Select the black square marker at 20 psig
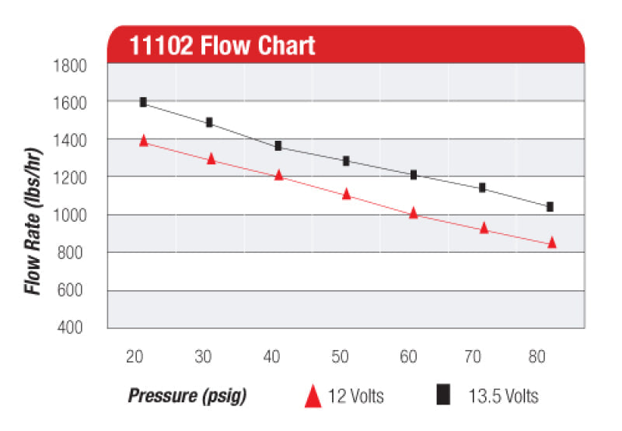click(x=143, y=102)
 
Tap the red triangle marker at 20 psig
click(x=144, y=141)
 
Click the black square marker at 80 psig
click(x=550, y=207)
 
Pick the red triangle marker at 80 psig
click(x=552, y=243)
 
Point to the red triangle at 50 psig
click(x=347, y=194)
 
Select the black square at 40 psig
click(x=278, y=145)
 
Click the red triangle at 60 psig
click(x=414, y=212)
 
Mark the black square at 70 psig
click(x=482, y=187)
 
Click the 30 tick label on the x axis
click(x=204, y=356)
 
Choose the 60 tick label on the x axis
click(x=409, y=356)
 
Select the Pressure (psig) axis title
click(x=187, y=396)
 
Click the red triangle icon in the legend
click(x=313, y=396)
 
